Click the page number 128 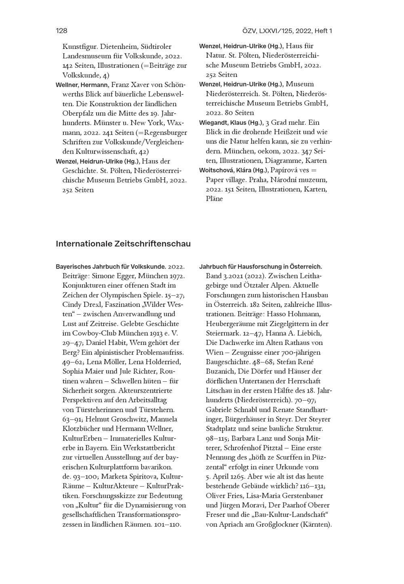tap(61, 31)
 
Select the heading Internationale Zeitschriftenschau tap(123, 244)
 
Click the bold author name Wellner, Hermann tap(82, 85)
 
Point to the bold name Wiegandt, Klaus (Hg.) tap(231, 122)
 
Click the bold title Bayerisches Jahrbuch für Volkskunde tap(111, 267)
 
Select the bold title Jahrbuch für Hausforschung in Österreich tap(261, 267)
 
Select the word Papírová tap(284, 170)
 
